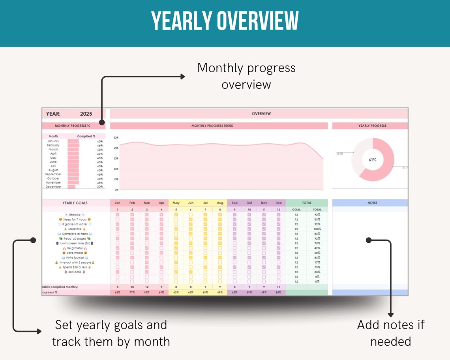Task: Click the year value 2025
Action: (86, 114)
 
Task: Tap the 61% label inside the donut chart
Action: (373, 160)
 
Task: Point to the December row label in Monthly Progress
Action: (53, 187)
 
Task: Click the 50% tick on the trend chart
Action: (116, 138)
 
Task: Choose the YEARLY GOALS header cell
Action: (75, 203)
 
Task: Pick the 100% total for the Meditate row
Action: (317, 229)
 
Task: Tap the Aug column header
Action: (220, 203)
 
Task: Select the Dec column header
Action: (278, 203)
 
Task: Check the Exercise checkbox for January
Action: (117, 215)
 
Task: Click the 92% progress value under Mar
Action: (147, 292)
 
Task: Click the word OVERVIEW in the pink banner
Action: (261, 114)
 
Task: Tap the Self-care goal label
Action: (75, 272)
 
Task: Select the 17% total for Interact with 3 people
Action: (317, 262)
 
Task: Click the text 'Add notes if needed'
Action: (390, 333)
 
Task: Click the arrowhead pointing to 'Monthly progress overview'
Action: (182, 77)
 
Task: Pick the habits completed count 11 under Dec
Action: (278, 287)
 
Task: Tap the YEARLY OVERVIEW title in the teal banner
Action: (225, 21)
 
